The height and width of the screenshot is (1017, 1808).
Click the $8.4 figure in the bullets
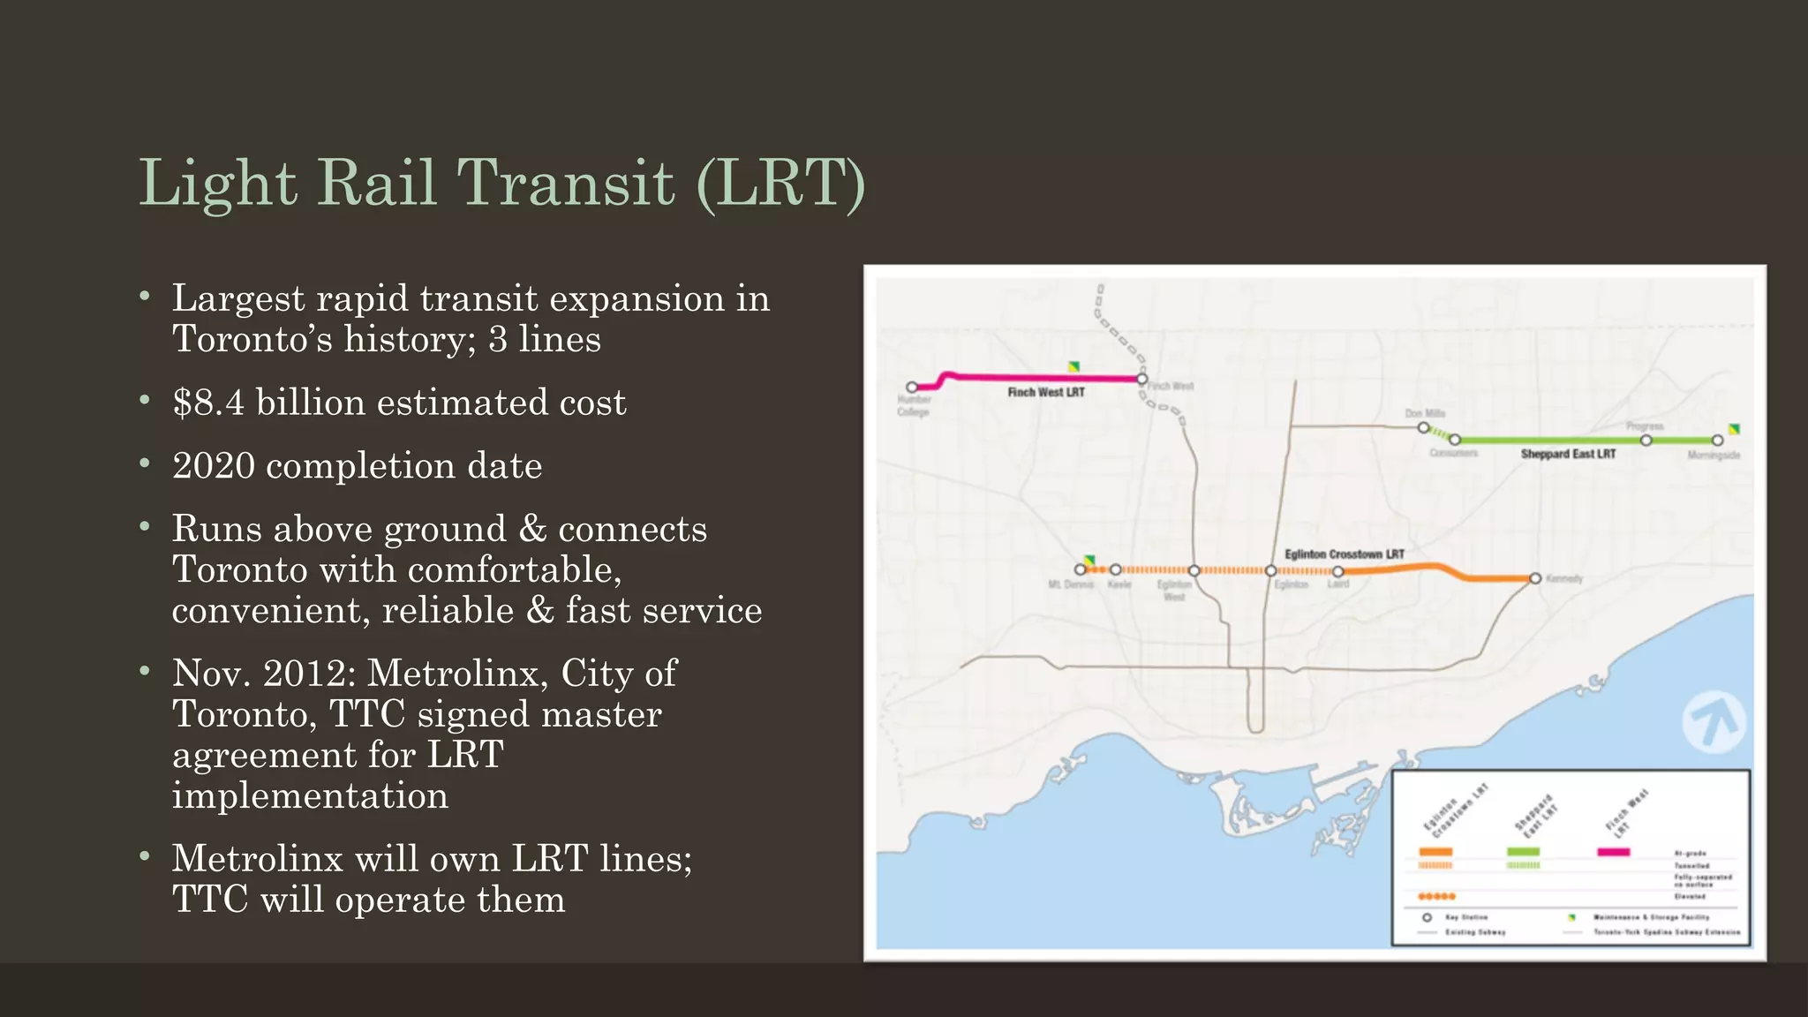[208, 403]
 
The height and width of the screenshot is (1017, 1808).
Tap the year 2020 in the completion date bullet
[213, 465]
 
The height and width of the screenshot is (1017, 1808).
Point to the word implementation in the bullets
[310, 795]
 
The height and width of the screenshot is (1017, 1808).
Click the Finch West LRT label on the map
[1046, 392]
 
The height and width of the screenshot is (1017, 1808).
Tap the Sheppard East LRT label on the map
[1568, 454]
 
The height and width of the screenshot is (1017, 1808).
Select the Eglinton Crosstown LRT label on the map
[1344, 554]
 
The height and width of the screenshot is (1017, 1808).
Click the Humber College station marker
[912, 387]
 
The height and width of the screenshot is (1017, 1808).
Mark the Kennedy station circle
[1535, 578]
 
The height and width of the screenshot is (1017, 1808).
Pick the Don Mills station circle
[1423, 427]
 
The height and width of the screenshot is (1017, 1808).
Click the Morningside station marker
[1717, 440]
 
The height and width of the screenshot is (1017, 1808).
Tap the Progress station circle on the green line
[1646, 440]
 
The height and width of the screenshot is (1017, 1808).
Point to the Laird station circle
[1337, 571]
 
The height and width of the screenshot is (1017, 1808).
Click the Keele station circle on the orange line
[1116, 569]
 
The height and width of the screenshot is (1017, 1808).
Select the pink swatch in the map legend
[1613, 852]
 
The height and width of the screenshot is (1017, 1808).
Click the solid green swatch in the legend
[1523, 852]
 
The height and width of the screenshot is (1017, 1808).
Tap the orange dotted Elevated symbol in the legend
[1436, 896]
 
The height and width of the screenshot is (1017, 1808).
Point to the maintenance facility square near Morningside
[1734, 429]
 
